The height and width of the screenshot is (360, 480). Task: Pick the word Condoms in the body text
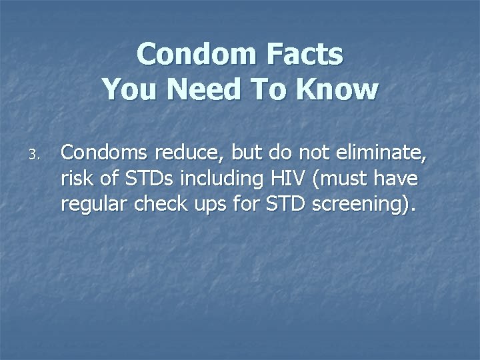click(x=105, y=153)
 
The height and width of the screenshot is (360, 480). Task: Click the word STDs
click(x=148, y=179)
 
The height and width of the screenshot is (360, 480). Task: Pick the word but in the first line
click(x=246, y=153)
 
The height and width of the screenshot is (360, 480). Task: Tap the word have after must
click(x=398, y=179)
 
